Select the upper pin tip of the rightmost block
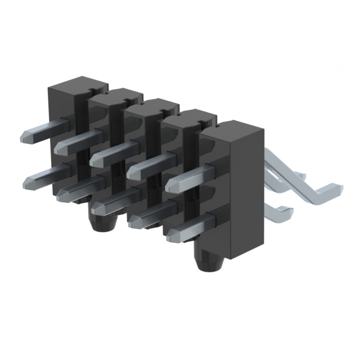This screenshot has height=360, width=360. [172, 183]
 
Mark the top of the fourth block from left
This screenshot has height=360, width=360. [188, 116]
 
